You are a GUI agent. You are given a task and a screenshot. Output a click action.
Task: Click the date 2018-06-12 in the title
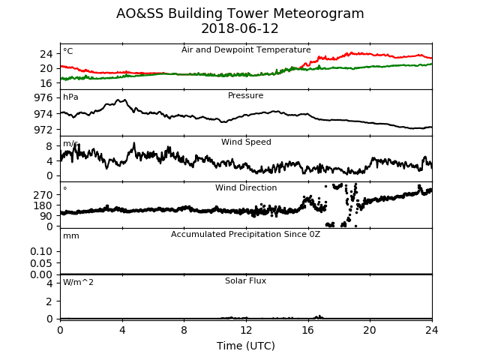point(240,28)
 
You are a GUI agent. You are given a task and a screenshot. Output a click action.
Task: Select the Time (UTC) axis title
point(246,346)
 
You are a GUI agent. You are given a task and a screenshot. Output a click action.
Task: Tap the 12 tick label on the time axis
point(246,330)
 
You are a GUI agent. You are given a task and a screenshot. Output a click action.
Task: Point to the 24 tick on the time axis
point(432,330)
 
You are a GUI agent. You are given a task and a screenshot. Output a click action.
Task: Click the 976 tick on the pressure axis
point(43,98)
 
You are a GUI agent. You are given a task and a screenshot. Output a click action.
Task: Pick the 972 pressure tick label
point(43,130)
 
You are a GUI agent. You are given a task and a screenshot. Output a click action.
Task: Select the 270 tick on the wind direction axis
point(43,195)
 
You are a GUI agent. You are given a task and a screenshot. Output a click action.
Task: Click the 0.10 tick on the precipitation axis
point(41,252)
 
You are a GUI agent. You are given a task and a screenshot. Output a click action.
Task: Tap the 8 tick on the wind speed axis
point(49,146)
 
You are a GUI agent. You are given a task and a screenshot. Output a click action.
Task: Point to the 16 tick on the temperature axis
point(46,83)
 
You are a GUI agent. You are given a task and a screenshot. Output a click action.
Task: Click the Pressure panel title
point(245,95)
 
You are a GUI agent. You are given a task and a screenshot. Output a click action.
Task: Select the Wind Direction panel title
point(246,187)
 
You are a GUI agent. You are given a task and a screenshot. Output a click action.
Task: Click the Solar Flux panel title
point(245,280)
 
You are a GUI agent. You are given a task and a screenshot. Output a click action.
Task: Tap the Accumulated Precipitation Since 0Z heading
point(245,234)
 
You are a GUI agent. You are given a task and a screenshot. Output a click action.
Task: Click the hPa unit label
point(70,97)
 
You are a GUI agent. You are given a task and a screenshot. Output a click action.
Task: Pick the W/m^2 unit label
point(78,282)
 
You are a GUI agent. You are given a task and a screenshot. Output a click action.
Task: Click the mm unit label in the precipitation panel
point(71,236)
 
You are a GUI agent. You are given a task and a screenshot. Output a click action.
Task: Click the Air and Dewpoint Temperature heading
point(246,49)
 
